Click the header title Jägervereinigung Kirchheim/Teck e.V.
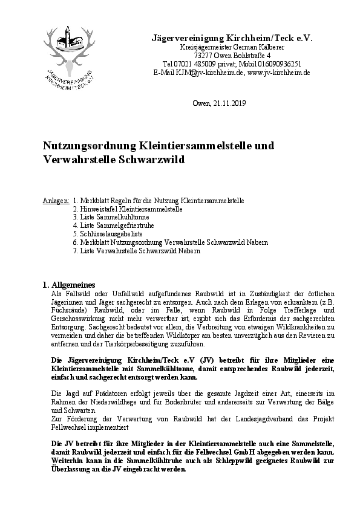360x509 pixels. point(231,37)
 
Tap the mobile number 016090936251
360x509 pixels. point(272,63)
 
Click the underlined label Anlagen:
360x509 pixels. point(56,200)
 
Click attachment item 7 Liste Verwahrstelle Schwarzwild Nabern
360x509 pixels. point(136,250)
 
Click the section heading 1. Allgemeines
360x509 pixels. point(68,284)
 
